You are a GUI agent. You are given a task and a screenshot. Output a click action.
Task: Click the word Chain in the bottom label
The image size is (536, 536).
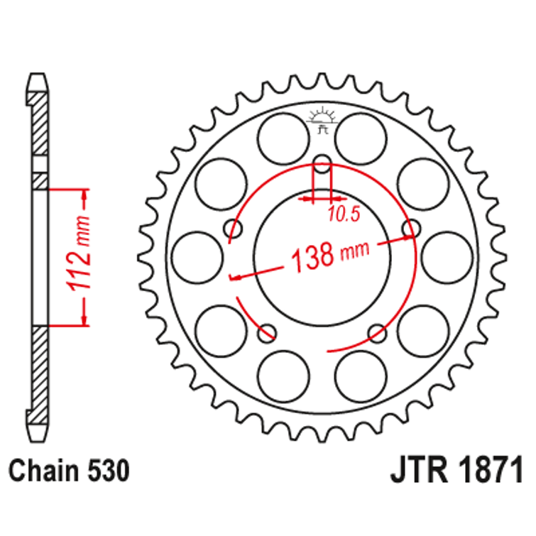tap(43, 471)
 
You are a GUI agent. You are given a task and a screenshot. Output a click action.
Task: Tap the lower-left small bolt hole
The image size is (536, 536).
tap(268, 331)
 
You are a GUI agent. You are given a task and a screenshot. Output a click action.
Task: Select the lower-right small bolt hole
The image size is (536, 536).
tap(378, 331)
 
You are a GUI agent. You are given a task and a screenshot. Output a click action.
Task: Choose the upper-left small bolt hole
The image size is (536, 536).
tap(234, 227)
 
